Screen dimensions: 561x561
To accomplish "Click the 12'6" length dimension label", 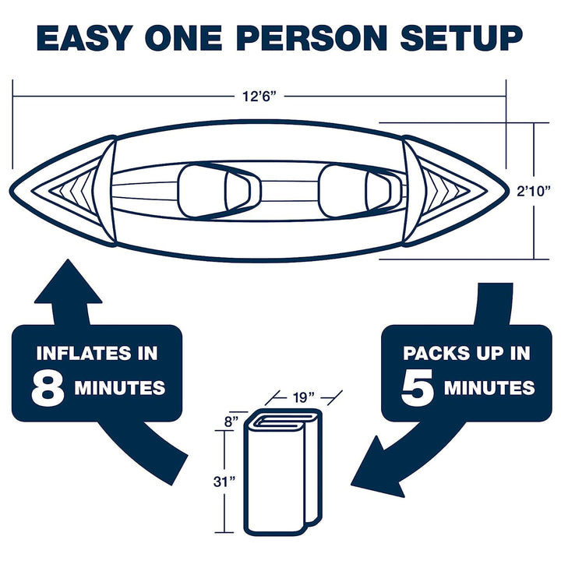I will click(259, 97).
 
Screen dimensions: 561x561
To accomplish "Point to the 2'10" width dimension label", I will click(536, 189).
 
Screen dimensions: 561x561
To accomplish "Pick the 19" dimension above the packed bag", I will click(305, 396).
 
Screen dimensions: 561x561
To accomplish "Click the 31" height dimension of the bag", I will click(226, 482).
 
